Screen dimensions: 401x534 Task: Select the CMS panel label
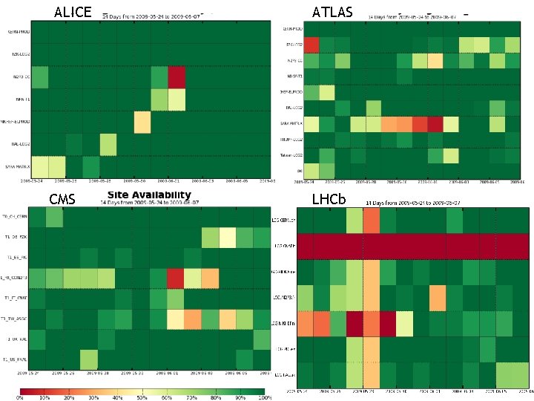point(62,199)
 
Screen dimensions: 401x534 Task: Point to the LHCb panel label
point(329,199)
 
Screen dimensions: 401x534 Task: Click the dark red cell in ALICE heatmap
point(177,77)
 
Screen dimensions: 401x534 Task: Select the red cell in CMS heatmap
point(176,278)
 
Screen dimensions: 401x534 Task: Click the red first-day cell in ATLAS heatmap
point(311,44)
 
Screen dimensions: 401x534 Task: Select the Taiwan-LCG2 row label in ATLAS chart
point(290,155)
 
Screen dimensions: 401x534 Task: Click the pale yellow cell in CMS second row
point(227,238)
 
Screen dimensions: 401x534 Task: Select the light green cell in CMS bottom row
point(90,359)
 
